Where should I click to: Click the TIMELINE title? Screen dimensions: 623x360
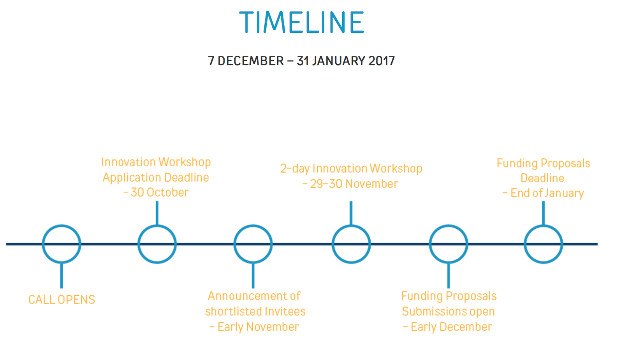(301, 22)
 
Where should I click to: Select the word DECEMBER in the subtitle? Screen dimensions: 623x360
(250, 61)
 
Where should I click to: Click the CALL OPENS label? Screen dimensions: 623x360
(62, 300)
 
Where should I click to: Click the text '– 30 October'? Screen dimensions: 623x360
(156, 192)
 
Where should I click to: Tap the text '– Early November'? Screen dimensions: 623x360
(254, 327)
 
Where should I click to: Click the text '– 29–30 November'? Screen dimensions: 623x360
(350, 184)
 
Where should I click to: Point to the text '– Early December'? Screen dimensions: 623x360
(447, 327)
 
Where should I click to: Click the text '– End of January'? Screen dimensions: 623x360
(543, 193)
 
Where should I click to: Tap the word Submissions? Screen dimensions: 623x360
(435, 311)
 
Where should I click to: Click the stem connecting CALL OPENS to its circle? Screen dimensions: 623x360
(62, 276)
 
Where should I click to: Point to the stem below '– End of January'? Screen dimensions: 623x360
(544, 213)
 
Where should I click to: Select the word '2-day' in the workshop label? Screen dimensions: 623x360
(295, 169)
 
